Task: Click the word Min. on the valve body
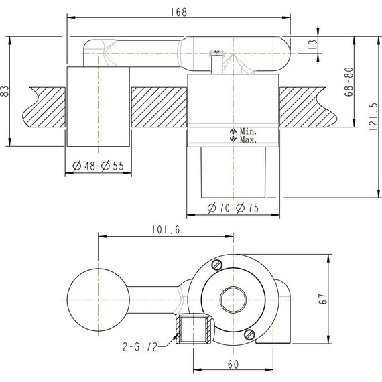point(247,132)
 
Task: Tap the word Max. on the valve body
point(247,139)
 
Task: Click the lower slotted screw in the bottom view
point(249,333)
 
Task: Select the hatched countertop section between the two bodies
point(157,107)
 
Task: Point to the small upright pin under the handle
point(216,63)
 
